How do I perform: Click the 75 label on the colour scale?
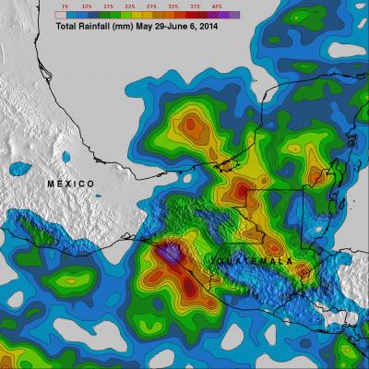(x=64, y=6)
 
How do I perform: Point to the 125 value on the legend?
(x=88, y=6)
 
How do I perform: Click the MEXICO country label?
(x=71, y=184)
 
